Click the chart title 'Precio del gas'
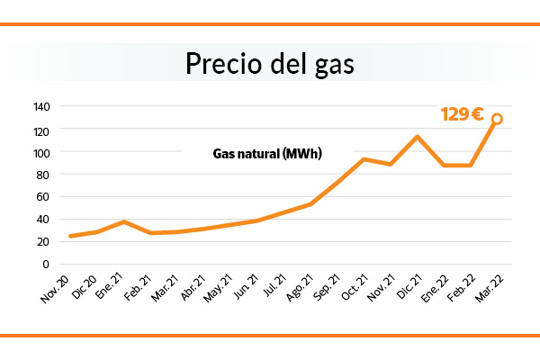pos(270,65)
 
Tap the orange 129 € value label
pos(462,115)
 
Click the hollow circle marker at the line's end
pos(497,119)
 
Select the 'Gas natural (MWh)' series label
pos(267,154)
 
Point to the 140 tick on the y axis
pos(40,107)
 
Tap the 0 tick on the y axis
pos(46,264)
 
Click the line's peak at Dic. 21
pos(417,137)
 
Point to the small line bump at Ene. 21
pos(124,221)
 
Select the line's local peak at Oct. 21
pos(364,159)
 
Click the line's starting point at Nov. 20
pos(70,236)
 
